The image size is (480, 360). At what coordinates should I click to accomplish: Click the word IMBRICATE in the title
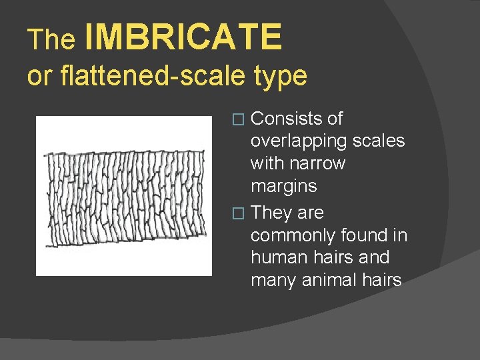point(183,37)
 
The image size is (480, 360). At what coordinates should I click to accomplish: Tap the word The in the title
point(51,40)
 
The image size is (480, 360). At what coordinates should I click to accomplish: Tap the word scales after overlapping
point(381,141)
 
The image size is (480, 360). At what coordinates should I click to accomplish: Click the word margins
point(283,185)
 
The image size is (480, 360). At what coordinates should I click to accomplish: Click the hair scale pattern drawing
point(123,196)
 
